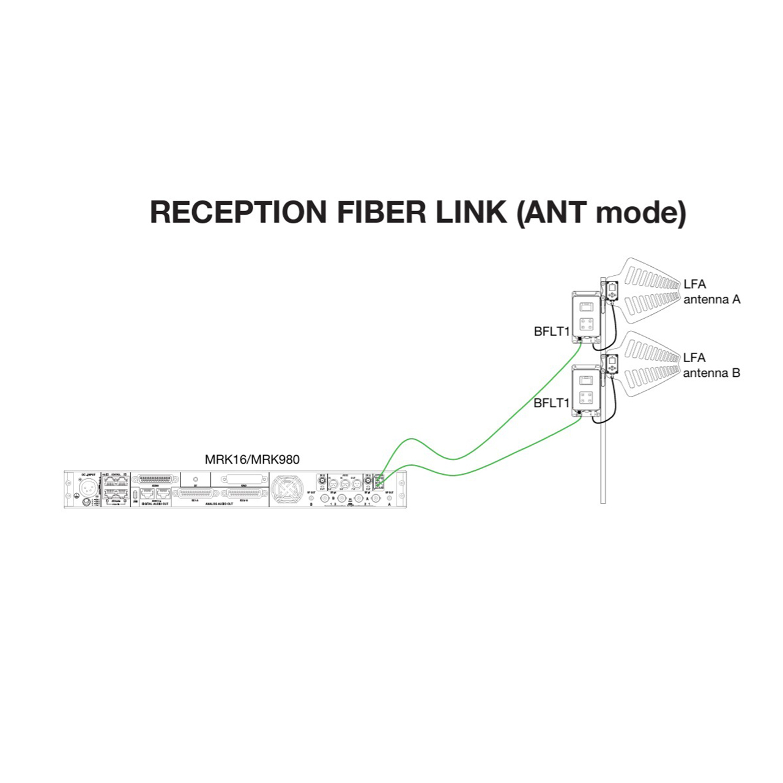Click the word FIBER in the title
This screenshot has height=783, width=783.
click(x=381, y=212)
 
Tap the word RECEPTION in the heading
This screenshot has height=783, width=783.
click(x=239, y=212)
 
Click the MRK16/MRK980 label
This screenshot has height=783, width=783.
click(x=252, y=459)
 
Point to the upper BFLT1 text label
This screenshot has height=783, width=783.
click(x=551, y=332)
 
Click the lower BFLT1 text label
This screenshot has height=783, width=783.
click(x=551, y=403)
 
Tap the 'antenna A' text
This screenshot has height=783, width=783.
click(x=711, y=300)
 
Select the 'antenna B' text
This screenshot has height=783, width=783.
click(x=711, y=373)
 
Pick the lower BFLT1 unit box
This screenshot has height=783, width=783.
click(x=586, y=390)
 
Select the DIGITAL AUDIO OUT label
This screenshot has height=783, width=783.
click(x=155, y=504)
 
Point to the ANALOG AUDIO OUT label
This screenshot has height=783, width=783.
click(x=219, y=504)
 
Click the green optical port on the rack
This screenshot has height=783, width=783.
click(x=379, y=483)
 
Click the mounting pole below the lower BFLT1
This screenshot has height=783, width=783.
click(x=603, y=465)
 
